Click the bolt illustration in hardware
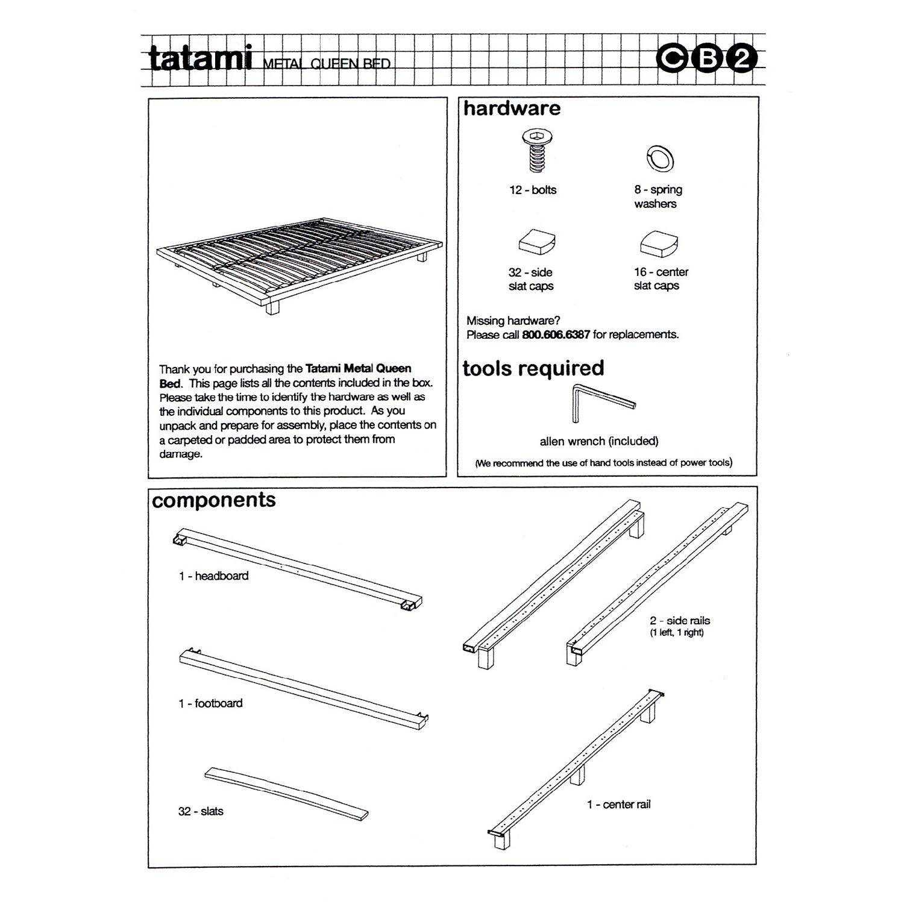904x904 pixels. point(533,151)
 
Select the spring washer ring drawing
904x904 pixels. point(659,159)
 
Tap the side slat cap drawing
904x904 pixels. point(536,242)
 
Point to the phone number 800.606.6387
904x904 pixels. point(555,334)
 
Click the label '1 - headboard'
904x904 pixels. point(213,576)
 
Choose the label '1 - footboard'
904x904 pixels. point(210,703)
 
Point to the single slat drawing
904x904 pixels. point(286,793)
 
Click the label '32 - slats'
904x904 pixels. point(201,811)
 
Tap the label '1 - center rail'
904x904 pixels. point(618,805)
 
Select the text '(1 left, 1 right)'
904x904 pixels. point(676,633)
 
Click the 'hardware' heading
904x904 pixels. point(512,108)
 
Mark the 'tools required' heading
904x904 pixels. point(533,368)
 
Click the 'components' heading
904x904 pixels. point(214,500)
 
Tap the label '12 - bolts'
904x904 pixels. point(533,190)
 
